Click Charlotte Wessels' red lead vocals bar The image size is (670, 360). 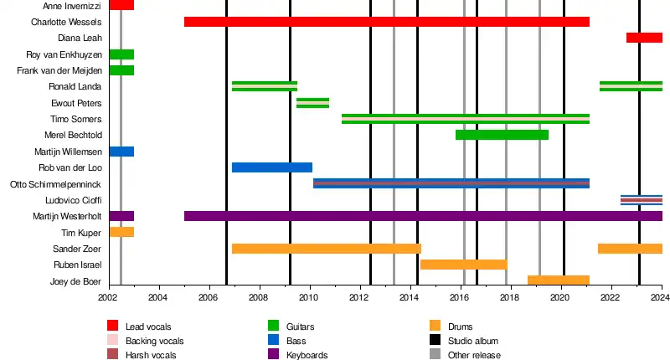coord(386,22)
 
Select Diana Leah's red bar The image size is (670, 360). coord(644,38)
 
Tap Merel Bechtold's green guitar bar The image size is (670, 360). coord(502,135)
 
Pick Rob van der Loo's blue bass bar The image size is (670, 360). coord(271,167)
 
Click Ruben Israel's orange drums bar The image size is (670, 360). coord(463,265)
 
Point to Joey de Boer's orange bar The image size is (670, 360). coord(558,280)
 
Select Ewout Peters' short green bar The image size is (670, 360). coord(312,103)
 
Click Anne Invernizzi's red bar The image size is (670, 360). coord(121,6)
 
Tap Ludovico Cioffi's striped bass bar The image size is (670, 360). coord(641,200)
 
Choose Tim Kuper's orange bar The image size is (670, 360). coord(121,232)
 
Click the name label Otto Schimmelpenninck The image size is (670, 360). coord(55,184)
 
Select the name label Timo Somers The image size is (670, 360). coord(76,119)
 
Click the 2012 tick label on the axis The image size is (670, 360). coord(359,297)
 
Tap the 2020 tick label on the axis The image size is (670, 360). coord(560,297)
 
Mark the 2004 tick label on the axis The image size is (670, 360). coord(158,297)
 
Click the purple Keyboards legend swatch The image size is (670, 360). coord(273,355)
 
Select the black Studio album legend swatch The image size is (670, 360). coord(434,341)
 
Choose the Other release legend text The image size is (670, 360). coord(476,355)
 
